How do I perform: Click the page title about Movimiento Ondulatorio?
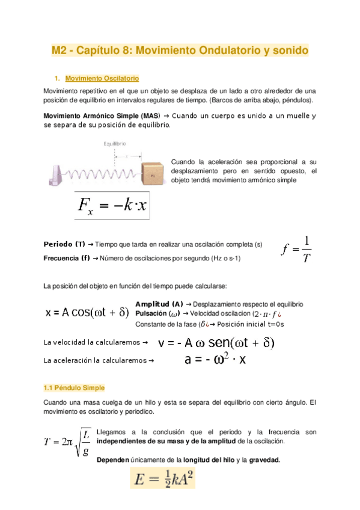click(180, 52)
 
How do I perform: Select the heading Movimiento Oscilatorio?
click(102, 79)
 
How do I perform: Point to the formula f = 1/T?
click(297, 249)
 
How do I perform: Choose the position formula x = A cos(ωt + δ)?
click(87, 313)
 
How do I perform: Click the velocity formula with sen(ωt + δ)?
click(216, 343)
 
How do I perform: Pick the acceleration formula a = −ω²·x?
click(216, 360)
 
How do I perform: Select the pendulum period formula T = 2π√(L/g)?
click(67, 441)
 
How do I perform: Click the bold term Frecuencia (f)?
click(67, 258)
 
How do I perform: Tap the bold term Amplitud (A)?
click(159, 304)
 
